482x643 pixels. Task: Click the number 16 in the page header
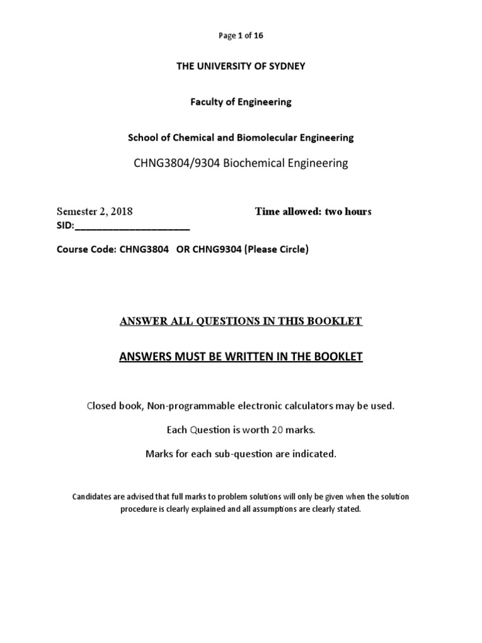tap(259, 36)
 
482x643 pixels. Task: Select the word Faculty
tap(208, 102)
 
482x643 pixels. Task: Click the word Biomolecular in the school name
tap(265, 138)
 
